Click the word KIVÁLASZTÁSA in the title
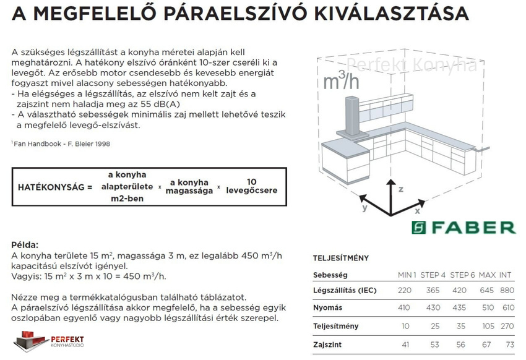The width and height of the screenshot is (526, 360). click(396, 13)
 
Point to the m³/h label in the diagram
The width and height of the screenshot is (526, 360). click(340, 80)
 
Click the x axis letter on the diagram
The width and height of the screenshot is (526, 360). click(418, 212)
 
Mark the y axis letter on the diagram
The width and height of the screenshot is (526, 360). click(365, 208)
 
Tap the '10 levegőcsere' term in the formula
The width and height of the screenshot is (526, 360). click(251, 186)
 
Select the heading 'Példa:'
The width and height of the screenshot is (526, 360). click(25, 245)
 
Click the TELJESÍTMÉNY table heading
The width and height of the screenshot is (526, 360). click(341, 258)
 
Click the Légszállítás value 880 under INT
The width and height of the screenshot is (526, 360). click(507, 291)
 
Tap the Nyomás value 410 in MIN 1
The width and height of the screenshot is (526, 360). click(404, 307)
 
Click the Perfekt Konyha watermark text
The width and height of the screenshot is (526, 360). click(411, 65)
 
